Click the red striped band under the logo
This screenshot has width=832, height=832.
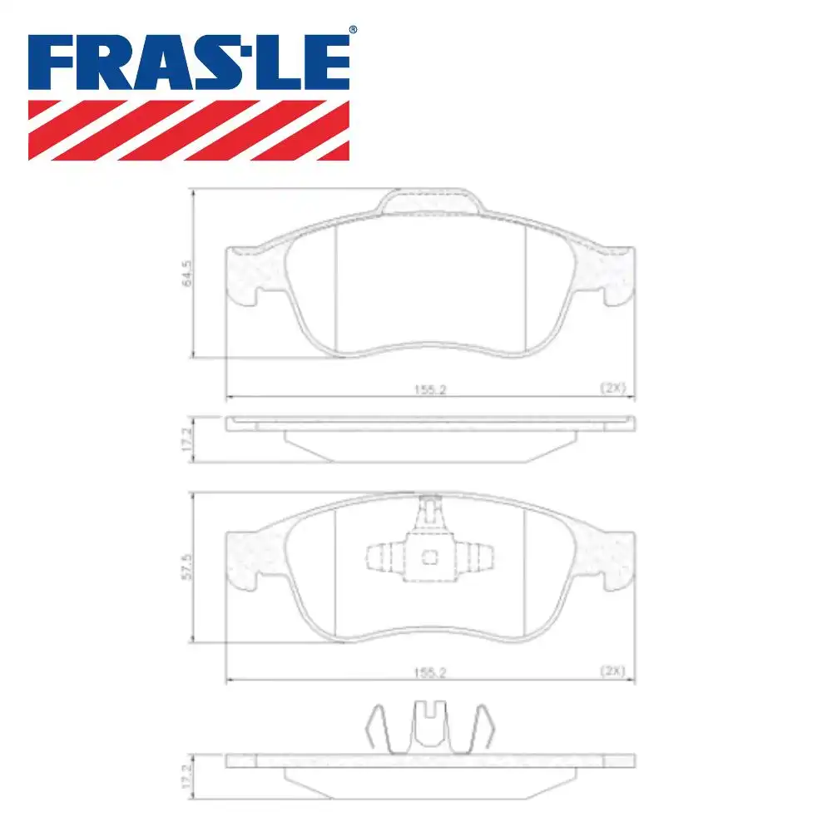(x=189, y=130)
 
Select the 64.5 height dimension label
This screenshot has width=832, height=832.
(x=187, y=273)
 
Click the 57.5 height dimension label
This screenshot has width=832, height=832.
(x=187, y=567)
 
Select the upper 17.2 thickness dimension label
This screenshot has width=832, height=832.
(x=187, y=439)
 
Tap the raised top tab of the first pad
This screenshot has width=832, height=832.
(x=430, y=201)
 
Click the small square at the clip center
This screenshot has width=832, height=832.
(x=430, y=557)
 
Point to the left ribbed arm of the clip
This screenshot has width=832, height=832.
(x=383, y=557)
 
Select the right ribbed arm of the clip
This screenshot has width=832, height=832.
(x=478, y=557)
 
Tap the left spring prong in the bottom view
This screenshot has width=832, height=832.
(x=379, y=730)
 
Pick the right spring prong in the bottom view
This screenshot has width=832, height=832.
(x=483, y=730)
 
